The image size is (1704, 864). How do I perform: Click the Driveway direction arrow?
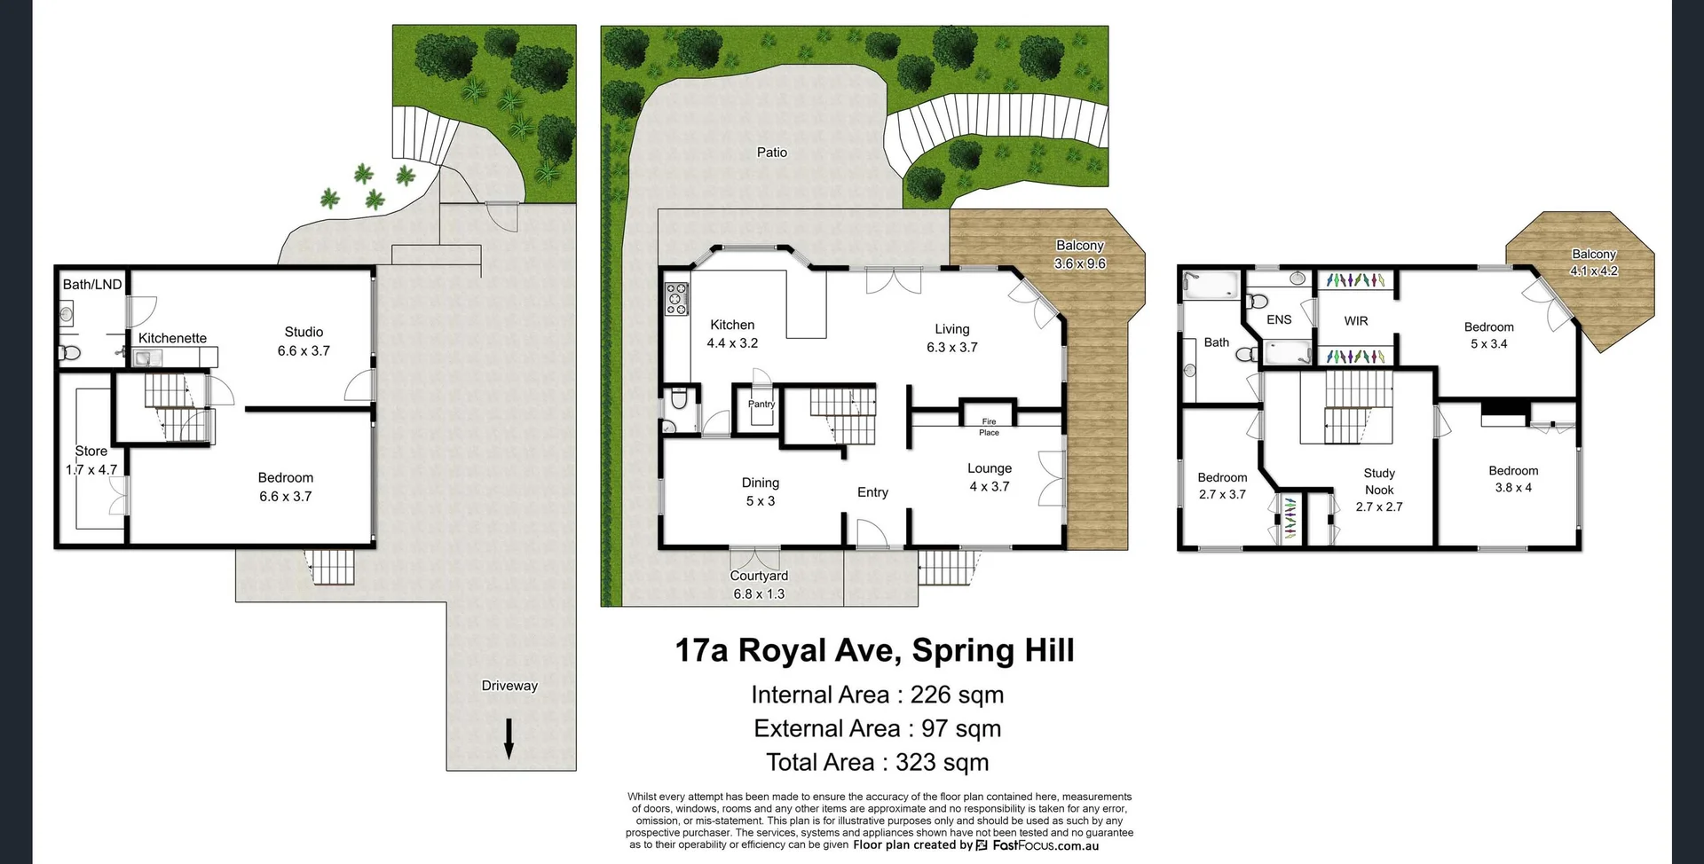coord(509,739)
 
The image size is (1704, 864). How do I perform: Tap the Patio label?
coord(771,153)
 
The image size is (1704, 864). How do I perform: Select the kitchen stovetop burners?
coord(676,298)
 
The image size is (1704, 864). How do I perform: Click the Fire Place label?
coord(989,427)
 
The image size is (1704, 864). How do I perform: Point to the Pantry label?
coord(761,405)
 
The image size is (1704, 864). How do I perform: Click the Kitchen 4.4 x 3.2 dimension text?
coord(732,343)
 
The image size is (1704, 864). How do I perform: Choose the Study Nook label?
coord(1379,482)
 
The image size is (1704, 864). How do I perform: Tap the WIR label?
coord(1355,321)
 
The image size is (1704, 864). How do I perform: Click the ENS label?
coord(1279,320)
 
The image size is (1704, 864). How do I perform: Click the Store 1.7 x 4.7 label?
coord(91,460)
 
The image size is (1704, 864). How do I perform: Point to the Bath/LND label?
coord(92,285)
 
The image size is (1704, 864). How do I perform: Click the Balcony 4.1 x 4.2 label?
coord(1594,263)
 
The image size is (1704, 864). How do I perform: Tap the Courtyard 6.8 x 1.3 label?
coord(759,585)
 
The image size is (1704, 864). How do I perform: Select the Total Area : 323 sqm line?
coord(877,763)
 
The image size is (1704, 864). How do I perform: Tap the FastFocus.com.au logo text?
coord(1045,845)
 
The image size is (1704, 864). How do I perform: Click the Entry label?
coord(872,492)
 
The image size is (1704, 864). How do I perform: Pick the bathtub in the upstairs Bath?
coord(1211,284)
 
